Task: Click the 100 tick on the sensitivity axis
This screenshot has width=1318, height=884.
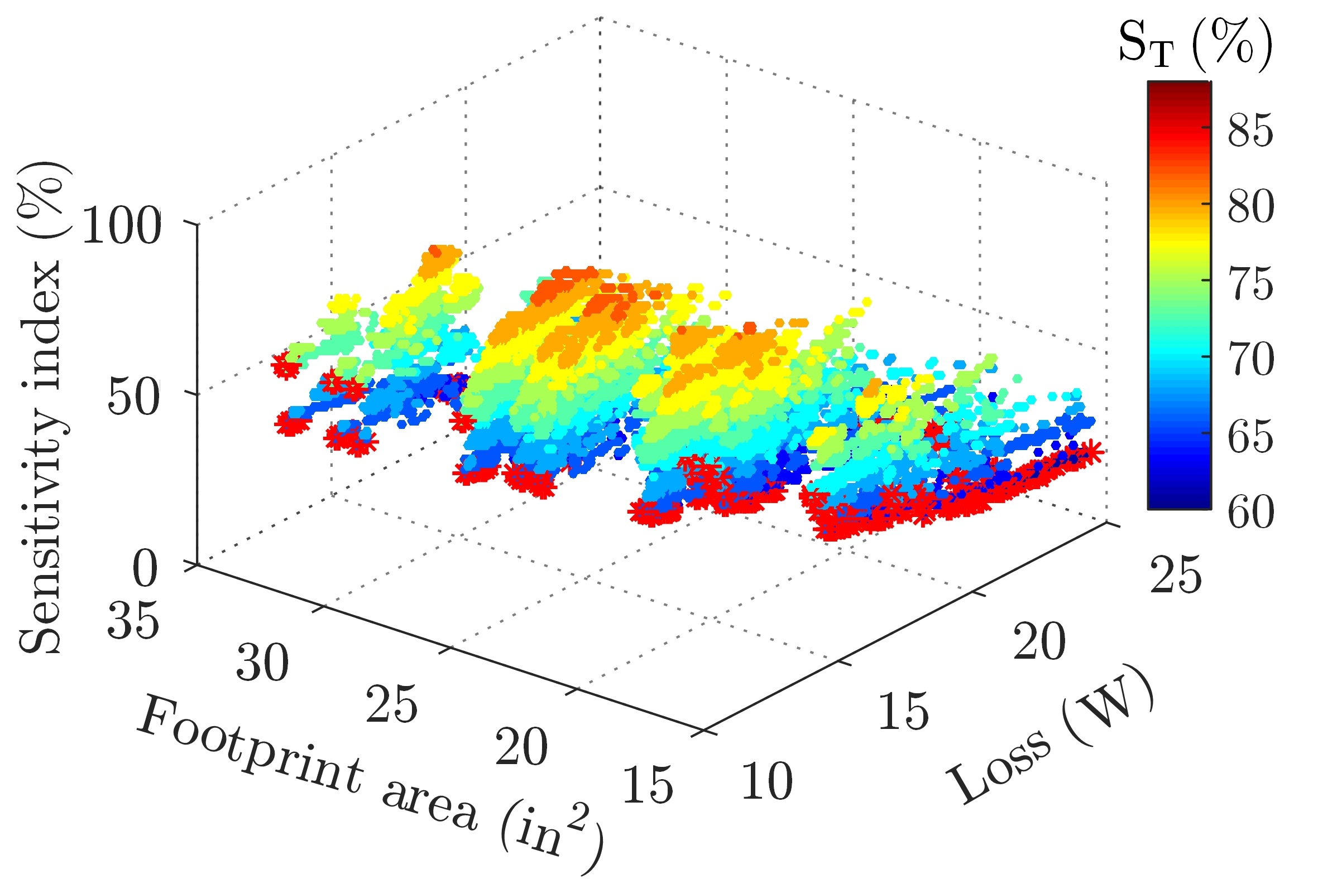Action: (x=121, y=225)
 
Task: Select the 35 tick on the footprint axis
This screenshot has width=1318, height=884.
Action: (x=133, y=621)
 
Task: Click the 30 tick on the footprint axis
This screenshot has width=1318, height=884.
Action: (x=262, y=663)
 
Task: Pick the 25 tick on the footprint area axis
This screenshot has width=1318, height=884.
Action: (x=391, y=705)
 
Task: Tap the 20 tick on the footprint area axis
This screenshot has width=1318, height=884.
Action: (x=521, y=746)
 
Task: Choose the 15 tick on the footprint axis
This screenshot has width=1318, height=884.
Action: (x=648, y=785)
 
